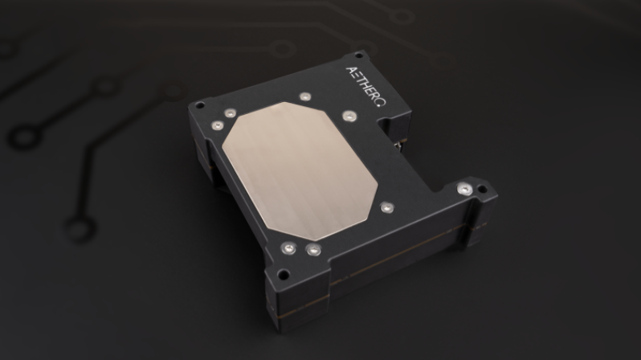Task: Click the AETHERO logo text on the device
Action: click(x=365, y=86)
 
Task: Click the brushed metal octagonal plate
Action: click(x=300, y=170)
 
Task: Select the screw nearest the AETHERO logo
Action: click(x=305, y=96)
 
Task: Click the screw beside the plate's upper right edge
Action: click(x=349, y=116)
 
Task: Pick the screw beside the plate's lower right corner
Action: click(x=386, y=208)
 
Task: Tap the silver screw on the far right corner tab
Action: click(x=464, y=189)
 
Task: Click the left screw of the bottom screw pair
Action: click(x=288, y=248)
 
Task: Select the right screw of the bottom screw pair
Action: click(x=313, y=249)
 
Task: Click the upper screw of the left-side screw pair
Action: click(x=231, y=113)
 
